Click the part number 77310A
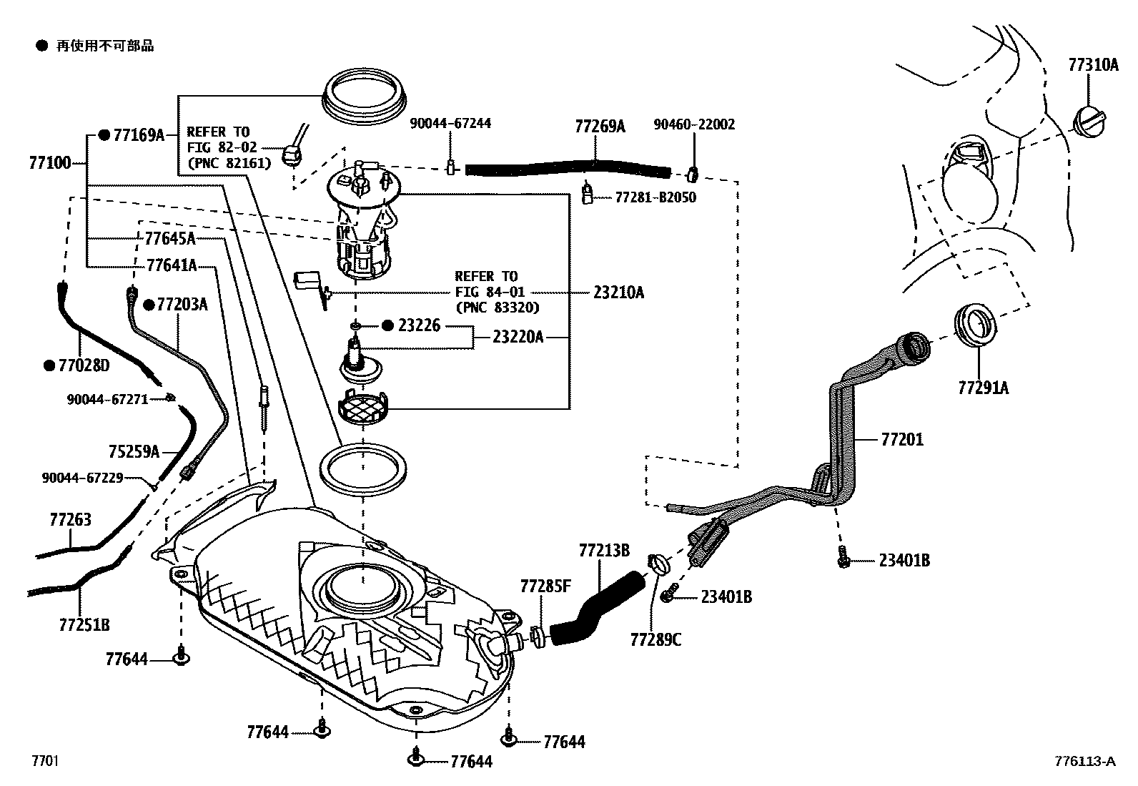coord(1093,65)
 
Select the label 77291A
coord(983,388)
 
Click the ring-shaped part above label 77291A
coord(976,325)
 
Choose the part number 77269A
coord(600,127)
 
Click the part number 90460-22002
coord(694,124)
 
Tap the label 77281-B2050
coord(655,197)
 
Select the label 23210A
coord(618,293)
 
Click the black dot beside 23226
coord(387,325)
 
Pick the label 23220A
coord(518,336)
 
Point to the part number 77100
coord(50,163)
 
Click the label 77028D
coord(84,366)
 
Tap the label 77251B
coord(84,625)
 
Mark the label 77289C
coord(655,639)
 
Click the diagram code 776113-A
coord(1084,762)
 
